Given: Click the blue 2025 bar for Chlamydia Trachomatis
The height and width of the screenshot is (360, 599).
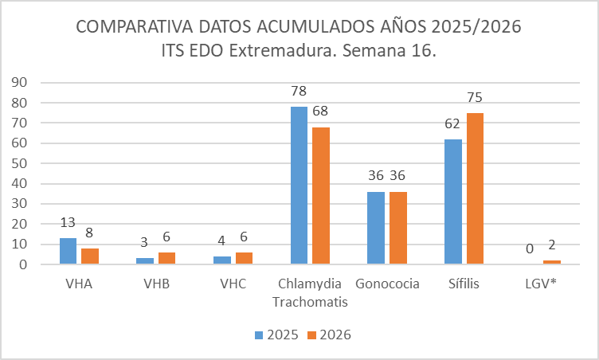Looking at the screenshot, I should (299, 185).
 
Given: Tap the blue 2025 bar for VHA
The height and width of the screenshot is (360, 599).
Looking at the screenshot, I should (68, 251).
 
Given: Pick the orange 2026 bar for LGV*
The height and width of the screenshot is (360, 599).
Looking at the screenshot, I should (551, 262).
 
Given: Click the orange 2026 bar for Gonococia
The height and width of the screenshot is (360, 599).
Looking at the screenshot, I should (398, 228).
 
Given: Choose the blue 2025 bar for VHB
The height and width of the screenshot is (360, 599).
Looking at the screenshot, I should (145, 260).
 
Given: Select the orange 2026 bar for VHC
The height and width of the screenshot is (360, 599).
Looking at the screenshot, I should (244, 258).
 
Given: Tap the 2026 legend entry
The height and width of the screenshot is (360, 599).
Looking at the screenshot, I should (328, 335).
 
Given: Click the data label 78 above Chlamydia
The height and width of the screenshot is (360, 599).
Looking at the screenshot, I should (299, 91).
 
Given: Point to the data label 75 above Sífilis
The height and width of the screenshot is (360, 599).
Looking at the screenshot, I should (475, 97).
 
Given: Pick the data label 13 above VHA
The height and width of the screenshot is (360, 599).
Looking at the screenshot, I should (68, 223).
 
